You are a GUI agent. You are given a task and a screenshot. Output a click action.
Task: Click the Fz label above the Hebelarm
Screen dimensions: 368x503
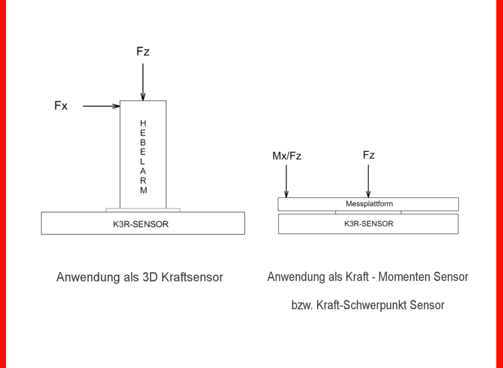pos(142,52)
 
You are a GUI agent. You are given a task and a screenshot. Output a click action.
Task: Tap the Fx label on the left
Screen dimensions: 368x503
pos(61,106)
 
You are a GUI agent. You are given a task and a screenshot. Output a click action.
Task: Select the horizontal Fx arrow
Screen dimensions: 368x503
pos(101,106)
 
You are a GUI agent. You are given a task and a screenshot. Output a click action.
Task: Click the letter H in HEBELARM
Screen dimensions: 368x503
pos(143,123)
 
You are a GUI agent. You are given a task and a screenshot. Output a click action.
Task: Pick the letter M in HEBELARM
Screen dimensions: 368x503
pos(143,191)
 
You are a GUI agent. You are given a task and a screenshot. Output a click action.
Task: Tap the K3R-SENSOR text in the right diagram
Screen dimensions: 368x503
pos(368,223)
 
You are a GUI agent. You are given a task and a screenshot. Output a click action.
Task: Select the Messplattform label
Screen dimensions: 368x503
pos(369,204)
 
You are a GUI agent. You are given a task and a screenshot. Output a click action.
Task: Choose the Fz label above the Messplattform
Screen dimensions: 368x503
pos(369,155)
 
